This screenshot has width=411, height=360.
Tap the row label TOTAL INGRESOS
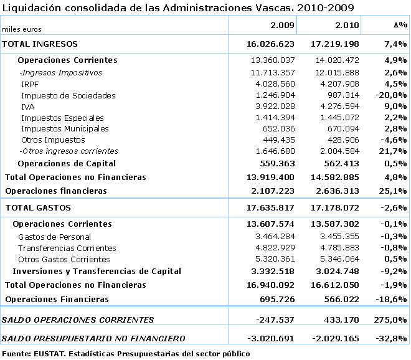tap(40, 44)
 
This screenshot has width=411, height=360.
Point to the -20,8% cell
tap(392, 95)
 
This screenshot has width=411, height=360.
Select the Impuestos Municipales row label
tap(65, 129)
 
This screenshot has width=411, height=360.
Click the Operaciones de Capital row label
tap(67, 164)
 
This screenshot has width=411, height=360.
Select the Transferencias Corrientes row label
tap(64, 248)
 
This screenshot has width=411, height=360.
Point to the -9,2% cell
tap(394, 271)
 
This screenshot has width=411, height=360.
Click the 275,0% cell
tap(394, 320)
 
